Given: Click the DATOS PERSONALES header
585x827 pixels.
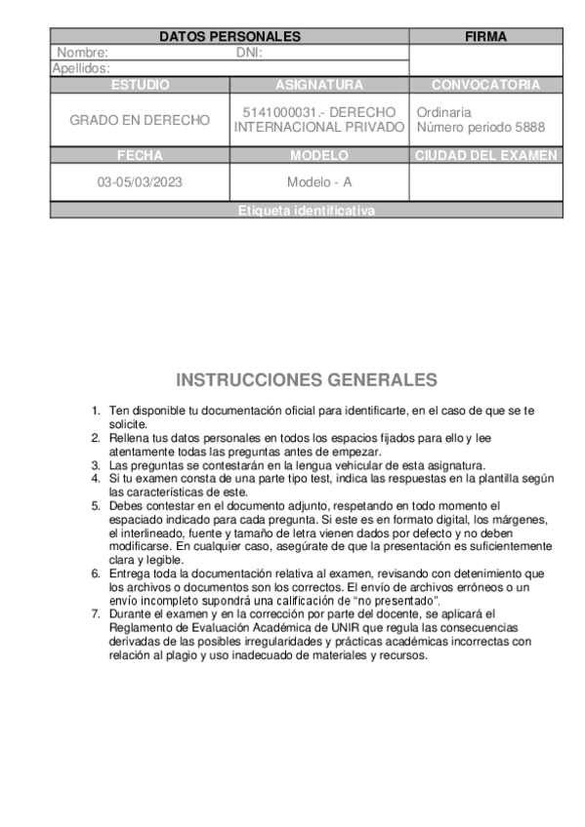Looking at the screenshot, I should click(230, 37).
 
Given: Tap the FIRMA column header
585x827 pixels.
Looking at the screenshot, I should click(485, 37).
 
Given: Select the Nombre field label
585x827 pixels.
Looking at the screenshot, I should click(82, 53).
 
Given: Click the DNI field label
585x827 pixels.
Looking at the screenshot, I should click(249, 53).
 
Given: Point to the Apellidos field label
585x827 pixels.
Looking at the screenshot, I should click(80, 68).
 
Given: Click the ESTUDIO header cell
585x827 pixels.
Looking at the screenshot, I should click(140, 85).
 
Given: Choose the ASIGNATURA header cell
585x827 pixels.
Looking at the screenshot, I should click(319, 85).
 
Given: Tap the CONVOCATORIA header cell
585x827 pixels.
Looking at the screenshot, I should click(485, 85).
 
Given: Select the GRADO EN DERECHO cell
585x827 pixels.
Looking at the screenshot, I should click(140, 120).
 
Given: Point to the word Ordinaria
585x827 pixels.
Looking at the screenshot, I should click(443, 112).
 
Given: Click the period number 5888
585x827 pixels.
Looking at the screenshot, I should click(528, 128).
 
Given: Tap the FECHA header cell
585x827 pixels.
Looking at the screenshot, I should click(140, 155).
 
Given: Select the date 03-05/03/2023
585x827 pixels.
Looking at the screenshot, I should click(140, 182).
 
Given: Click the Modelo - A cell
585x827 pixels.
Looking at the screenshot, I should click(319, 182).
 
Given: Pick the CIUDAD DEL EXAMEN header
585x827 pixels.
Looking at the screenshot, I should click(485, 155).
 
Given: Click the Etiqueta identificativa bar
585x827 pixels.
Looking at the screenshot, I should click(306, 211).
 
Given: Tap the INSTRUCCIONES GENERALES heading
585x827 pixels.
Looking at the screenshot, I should click(306, 380).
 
